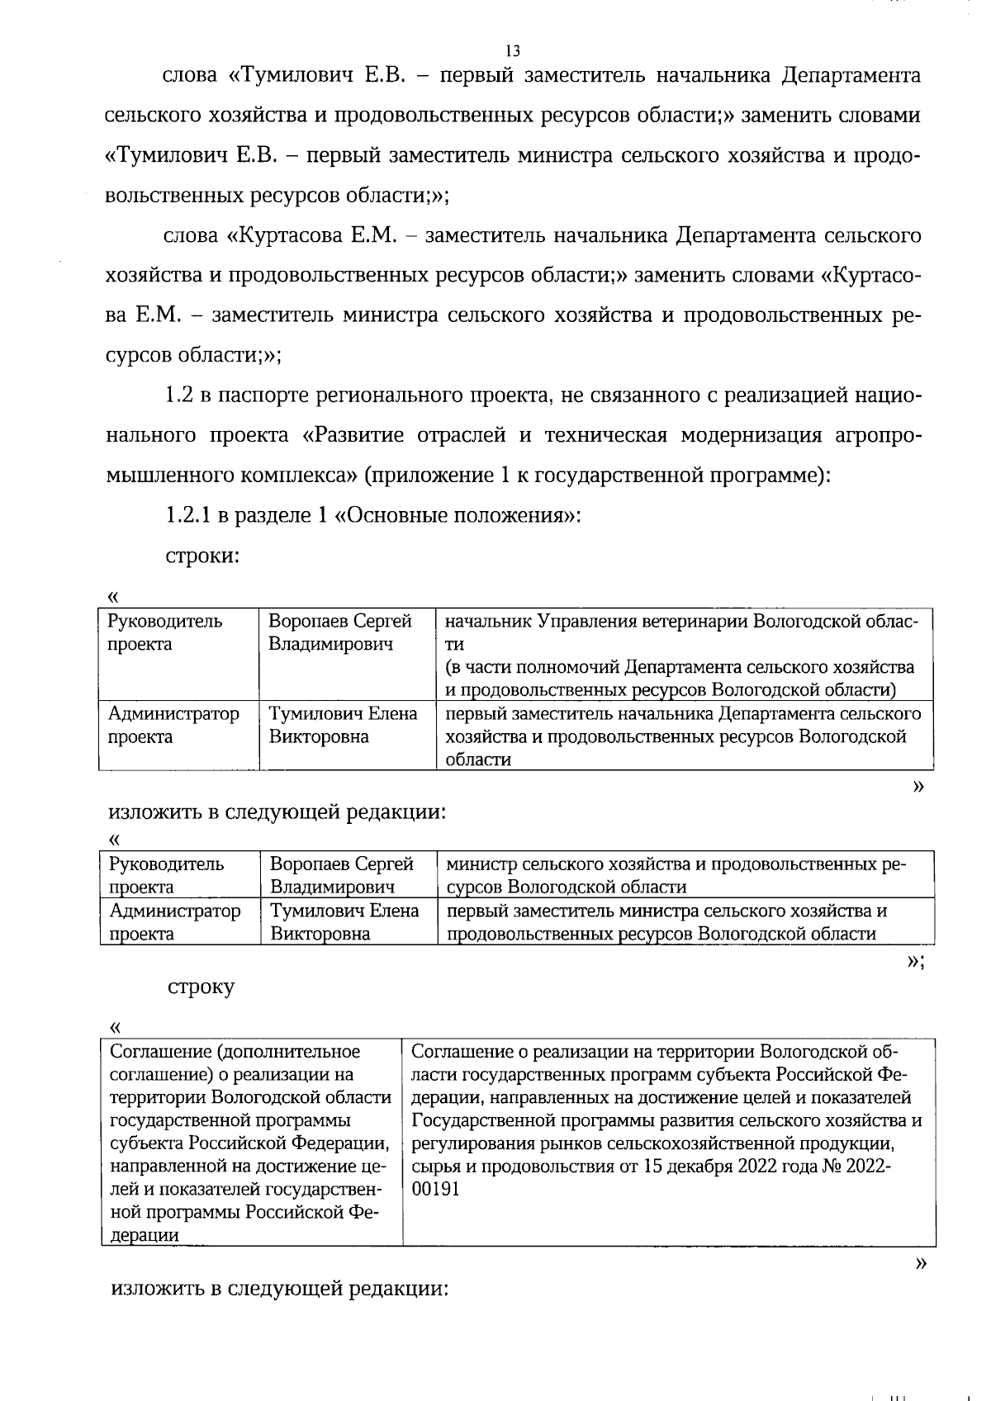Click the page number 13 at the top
pyautogui.click(x=512, y=50)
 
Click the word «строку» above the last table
pyautogui.click(x=202, y=987)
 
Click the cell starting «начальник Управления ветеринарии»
pyautogui.click(x=684, y=655)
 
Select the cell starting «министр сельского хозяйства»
pyautogui.click(x=684, y=875)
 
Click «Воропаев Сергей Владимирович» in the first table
pyautogui.click(x=340, y=632)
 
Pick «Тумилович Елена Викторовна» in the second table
pyautogui.click(x=344, y=922)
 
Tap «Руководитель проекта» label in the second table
pyautogui.click(x=166, y=875)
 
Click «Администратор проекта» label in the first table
pyautogui.click(x=173, y=725)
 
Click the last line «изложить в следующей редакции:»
pyautogui.click(x=279, y=1289)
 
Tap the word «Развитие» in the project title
pyautogui.click(x=360, y=435)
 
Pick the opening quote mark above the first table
pyautogui.click(x=113, y=595)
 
